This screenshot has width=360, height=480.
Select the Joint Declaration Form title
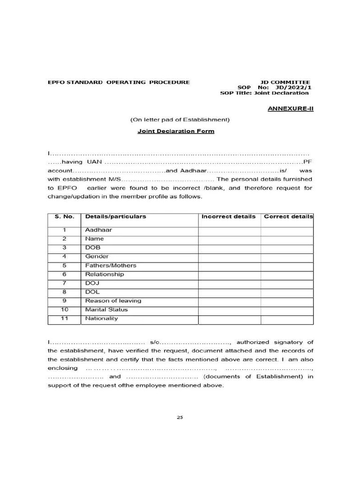176,131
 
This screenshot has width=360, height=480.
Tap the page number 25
180,418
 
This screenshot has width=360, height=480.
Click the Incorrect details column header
229,217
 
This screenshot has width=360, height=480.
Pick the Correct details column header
288,217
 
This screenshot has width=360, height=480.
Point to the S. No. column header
64,217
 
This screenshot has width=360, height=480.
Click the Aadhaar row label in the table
98,230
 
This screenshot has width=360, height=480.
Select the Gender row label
97,256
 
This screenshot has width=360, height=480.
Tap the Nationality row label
101,319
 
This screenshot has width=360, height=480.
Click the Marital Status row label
106,310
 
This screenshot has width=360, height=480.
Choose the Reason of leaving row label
113,301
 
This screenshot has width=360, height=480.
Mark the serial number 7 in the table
64,283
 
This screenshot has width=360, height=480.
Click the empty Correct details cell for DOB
287,247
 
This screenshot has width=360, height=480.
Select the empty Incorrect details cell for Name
229,239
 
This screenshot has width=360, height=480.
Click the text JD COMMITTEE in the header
285,82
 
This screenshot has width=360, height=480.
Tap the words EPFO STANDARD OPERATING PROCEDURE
119,82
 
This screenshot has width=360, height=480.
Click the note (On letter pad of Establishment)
180,120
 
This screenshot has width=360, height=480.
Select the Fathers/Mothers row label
111,265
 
